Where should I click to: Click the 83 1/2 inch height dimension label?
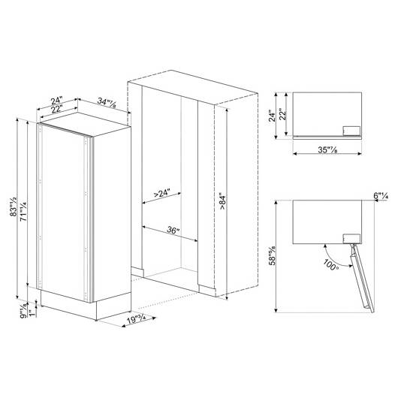click(13, 207)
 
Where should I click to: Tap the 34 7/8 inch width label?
click(107, 102)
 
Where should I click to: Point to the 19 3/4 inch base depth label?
click(137, 319)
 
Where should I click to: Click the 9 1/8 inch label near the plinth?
click(23, 309)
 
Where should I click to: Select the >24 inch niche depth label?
click(161, 194)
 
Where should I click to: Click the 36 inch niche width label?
click(173, 230)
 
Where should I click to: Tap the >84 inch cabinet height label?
click(222, 201)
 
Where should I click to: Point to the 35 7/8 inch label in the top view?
click(327, 149)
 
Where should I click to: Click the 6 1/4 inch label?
click(381, 196)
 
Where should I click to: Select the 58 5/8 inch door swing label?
click(273, 255)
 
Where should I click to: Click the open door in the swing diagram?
click(362, 278)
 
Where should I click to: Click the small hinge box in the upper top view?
click(351, 131)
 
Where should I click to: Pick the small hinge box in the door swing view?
click(351, 239)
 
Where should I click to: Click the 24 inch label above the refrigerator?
click(56, 101)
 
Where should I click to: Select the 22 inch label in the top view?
click(283, 114)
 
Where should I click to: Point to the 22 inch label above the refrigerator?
click(56, 110)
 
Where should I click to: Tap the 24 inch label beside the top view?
click(272, 116)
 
